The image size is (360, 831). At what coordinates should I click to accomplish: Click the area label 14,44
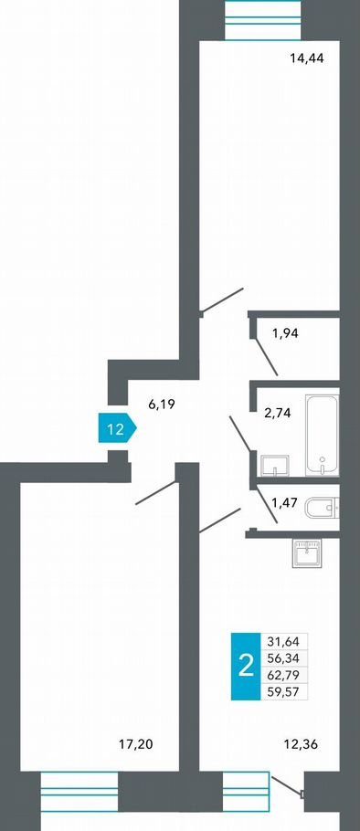pos(306,58)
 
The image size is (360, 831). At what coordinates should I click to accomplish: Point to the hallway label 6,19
pos(162,405)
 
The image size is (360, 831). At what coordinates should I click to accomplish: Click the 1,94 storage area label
pos(286,333)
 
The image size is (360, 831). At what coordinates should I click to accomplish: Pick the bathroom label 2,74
pos(277,414)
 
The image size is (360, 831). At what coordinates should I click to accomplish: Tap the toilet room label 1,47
pos(285,500)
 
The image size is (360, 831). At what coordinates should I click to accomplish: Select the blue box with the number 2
pos(246,667)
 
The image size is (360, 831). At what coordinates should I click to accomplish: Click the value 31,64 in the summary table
pos(285,641)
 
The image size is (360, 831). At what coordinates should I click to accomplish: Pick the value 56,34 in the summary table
pos(285,658)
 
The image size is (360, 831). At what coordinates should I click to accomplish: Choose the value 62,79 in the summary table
pos(285,675)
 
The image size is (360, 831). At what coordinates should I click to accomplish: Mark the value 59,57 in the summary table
pos(285,691)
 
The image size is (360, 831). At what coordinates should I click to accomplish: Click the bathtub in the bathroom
pos(322,435)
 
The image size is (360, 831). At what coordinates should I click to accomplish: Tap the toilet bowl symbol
pos(323,508)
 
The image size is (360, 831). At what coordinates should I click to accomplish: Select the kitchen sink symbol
pos(308,552)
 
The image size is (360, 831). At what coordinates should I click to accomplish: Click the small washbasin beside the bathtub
pos(275,465)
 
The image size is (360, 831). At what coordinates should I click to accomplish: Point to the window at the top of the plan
pos(263,19)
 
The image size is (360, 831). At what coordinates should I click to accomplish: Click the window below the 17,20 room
pos(79,791)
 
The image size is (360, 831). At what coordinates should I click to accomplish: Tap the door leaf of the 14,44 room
pos(222,300)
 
